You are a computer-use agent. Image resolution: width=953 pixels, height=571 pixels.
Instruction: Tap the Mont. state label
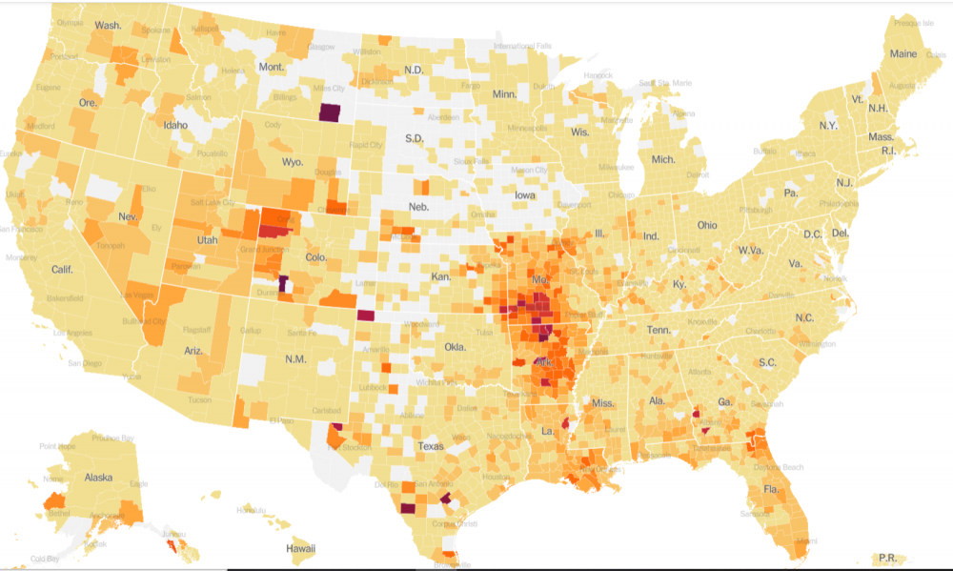pyautogui.click(x=272, y=67)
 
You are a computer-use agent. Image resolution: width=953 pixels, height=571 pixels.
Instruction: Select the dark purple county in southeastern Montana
pyautogui.click(x=330, y=112)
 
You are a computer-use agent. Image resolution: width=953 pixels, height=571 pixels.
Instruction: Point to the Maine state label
pyautogui.click(x=903, y=54)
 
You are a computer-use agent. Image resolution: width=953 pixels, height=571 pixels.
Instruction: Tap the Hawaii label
pyautogui.click(x=301, y=550)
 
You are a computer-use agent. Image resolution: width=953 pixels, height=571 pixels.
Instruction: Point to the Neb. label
pyautogui.click(x=417, y=207)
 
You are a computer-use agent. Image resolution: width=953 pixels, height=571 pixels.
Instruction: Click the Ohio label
pyautogui.click(x=707, y=226)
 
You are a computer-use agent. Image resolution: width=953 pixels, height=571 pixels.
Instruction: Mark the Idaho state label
pyautogui.click(x=175, y=125)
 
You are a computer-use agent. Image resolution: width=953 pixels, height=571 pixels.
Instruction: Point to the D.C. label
pyautogui.click(x=812, y=234)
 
